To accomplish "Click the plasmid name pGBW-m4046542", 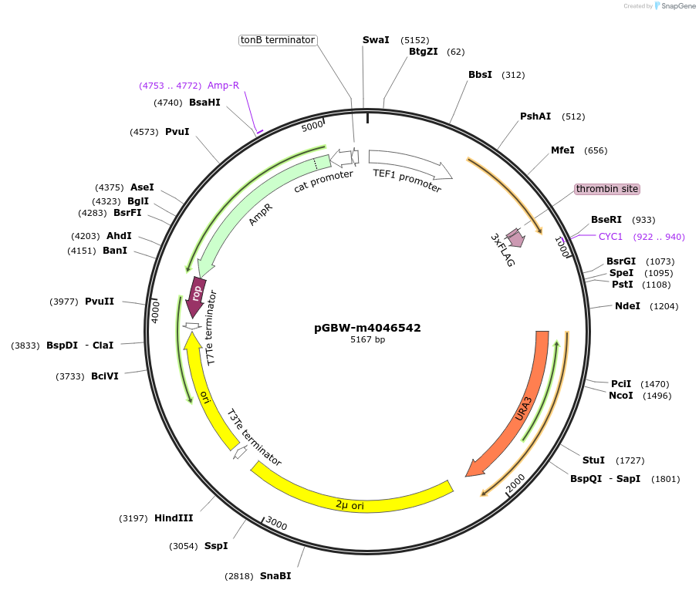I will click(367, 327).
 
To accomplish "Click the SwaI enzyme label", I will click(376, 39).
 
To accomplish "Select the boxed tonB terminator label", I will click(278, 39).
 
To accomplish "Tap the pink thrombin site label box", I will click(607, 189).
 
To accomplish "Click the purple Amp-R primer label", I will click(223, 86).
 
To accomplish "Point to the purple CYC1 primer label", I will click(610, 237).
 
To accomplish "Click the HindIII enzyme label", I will click(174, 518).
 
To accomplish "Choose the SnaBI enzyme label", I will click(275, 576).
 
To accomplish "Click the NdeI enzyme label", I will click(627, 306).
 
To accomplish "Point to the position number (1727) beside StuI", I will click(630, 460).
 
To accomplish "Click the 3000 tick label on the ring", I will click(276, 524).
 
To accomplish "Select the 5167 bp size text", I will click(367, 339).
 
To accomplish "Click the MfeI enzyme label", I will click(562, 150).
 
